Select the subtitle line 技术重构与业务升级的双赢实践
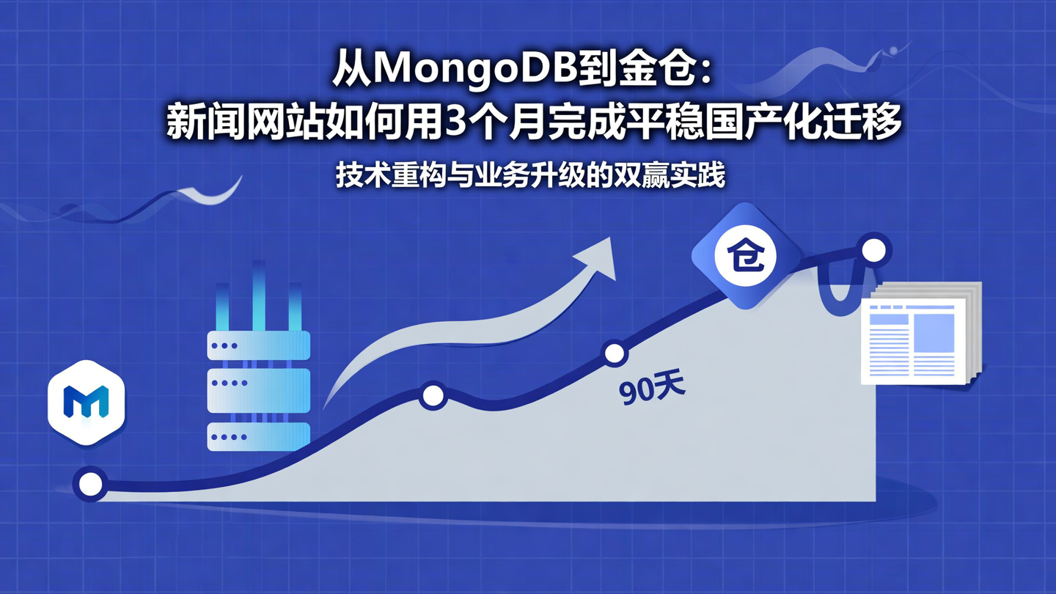(530, 176)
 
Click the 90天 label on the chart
(651, 389)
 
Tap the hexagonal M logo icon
(87, 402)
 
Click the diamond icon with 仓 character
(745, 255)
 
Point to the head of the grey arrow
(598, 257)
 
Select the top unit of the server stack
(258, 345)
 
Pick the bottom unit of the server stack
(258, 436)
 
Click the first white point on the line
(90, 484)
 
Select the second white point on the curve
(433, 397)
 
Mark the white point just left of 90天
(615, 354)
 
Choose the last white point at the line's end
(873, 251)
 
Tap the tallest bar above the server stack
(259, 293)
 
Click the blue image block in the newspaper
(933, 332)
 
